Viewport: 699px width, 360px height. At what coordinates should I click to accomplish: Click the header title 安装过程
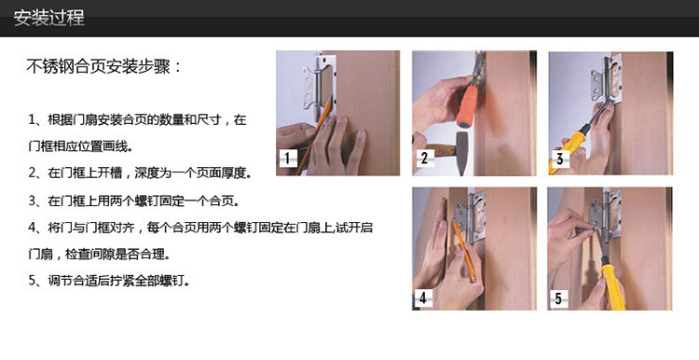48,19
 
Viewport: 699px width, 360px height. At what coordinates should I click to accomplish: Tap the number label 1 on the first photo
288,158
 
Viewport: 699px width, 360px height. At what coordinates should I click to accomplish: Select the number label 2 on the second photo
424,158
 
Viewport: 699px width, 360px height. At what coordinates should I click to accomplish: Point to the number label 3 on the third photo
560,158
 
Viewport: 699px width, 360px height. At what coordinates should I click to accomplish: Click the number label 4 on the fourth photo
422,298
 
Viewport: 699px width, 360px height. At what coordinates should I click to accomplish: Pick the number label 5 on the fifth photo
558,298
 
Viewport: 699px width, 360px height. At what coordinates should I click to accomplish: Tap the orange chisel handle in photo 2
467,105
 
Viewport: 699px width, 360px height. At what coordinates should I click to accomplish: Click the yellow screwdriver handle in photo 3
566,149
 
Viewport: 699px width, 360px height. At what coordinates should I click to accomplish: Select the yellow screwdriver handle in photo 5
612,286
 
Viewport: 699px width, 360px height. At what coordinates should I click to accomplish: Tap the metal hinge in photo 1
318,88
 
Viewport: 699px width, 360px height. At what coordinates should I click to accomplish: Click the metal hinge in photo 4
471,217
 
